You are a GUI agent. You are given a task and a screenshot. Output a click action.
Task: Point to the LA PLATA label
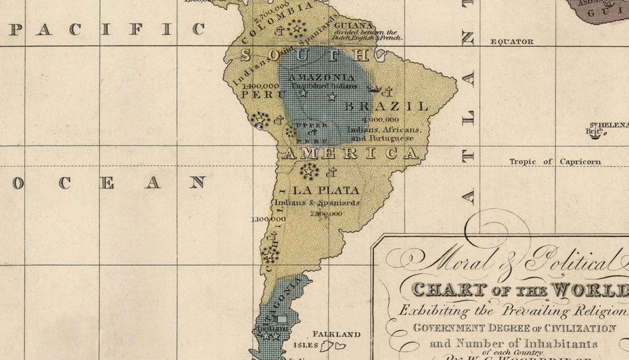pos(326,190)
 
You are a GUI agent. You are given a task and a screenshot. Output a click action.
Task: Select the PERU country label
pos(254,93)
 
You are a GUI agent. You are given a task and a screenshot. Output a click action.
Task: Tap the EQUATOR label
pos(512,42)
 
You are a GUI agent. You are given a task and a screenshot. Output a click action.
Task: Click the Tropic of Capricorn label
pos(555,162)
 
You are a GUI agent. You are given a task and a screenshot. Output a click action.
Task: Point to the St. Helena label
pos(607,124)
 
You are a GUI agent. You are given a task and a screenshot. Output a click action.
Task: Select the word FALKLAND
pos(336,334)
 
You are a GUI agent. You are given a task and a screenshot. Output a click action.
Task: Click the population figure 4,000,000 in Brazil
pos(381,120)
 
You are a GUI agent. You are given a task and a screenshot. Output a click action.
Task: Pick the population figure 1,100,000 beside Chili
pos(266,219)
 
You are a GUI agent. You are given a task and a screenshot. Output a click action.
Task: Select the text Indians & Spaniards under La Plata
pos(317,203)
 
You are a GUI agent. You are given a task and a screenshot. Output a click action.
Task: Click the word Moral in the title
pos(454,262)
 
